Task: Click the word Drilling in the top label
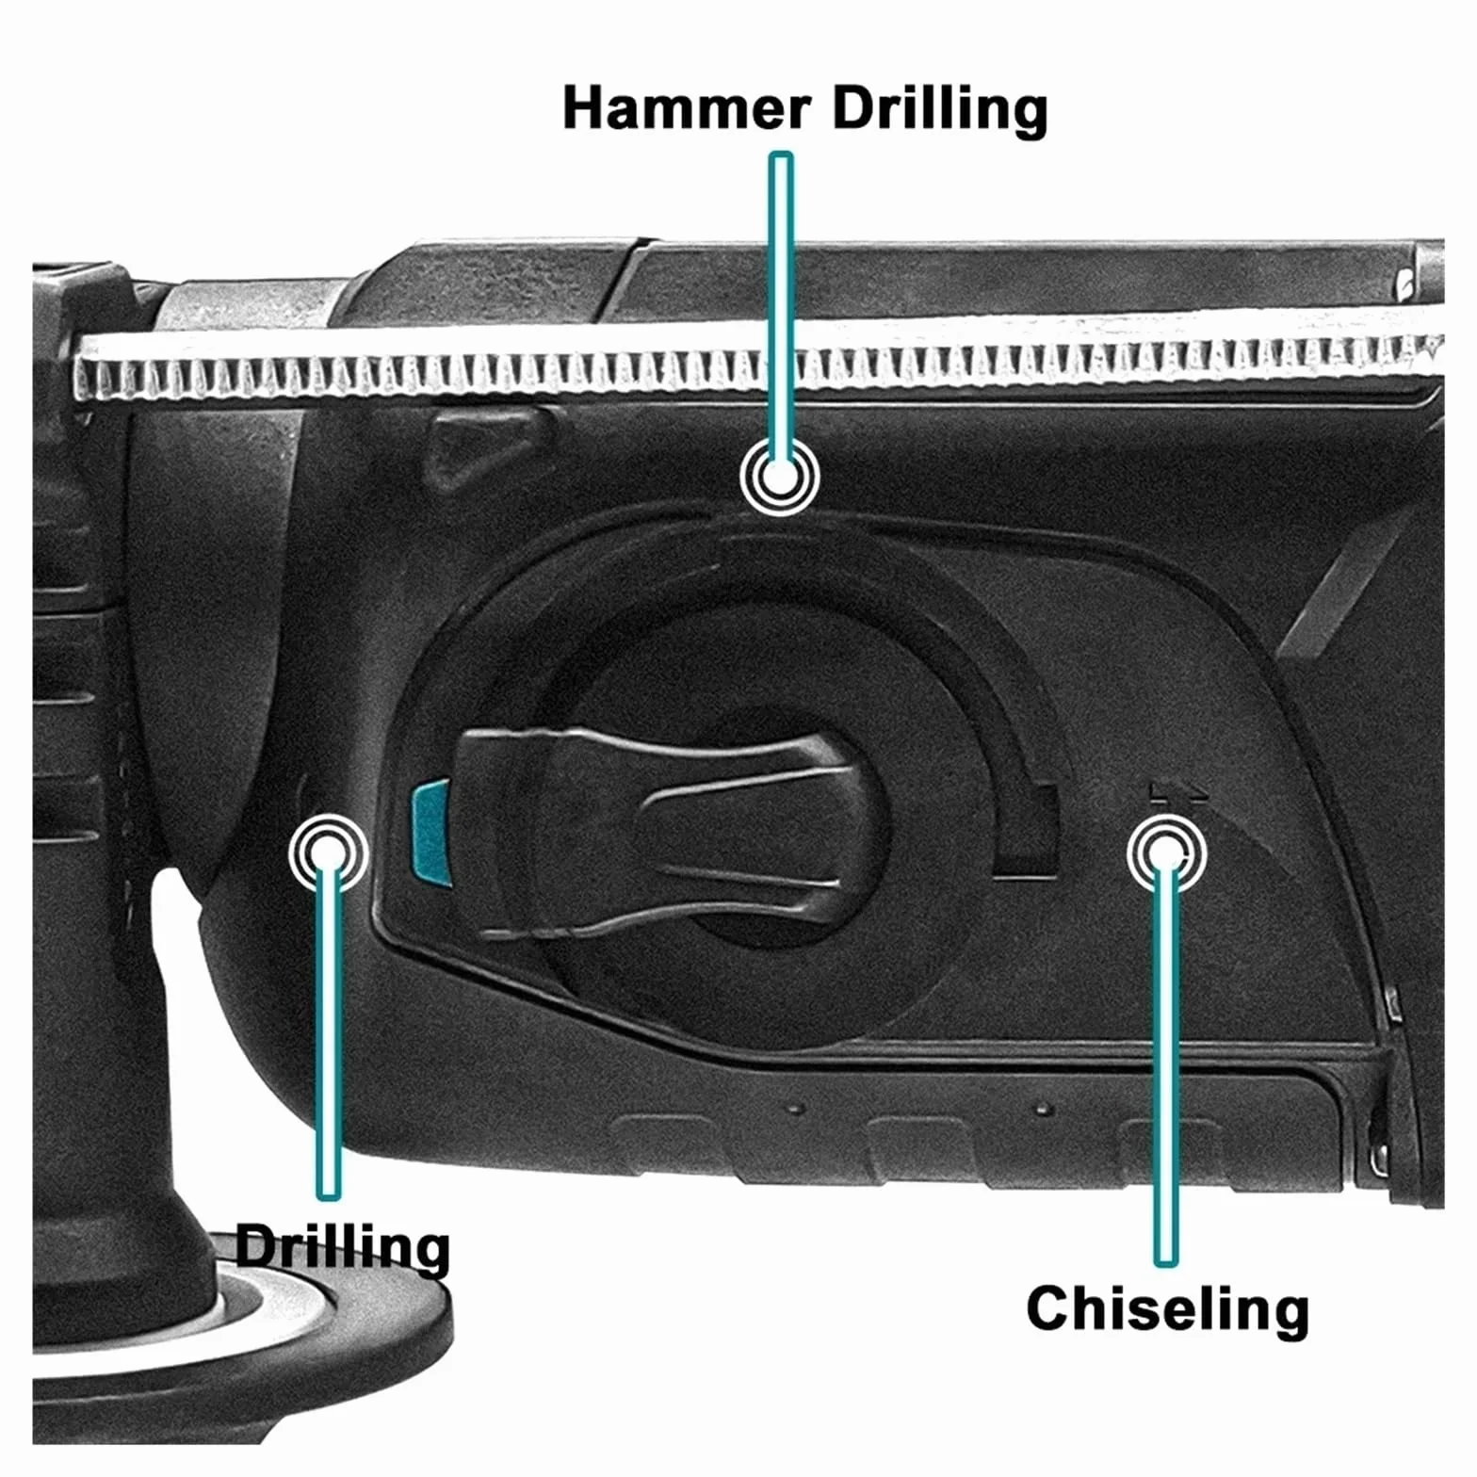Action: point(939,110)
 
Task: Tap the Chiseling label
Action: point(1167,1310)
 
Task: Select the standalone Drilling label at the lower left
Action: point(342,1248)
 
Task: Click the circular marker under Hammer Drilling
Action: point(779,477)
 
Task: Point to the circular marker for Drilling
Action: point(329,853)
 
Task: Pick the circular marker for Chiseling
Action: point(1166,853)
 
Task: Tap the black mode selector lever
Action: point(650,834)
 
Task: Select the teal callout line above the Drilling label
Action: point(329,1027)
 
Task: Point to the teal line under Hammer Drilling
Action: point(781,311)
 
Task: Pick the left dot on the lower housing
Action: point(797,1109)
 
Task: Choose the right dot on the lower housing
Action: point(1043,1111)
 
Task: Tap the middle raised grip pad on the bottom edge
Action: point(918,1144)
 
